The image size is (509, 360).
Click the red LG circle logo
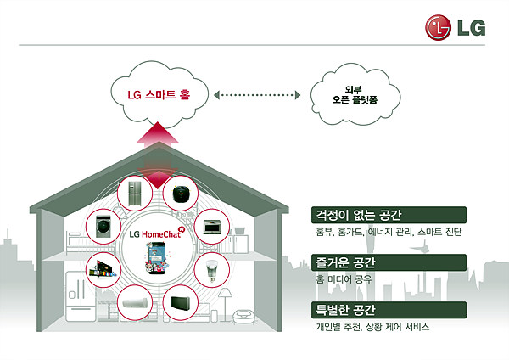(438, 28)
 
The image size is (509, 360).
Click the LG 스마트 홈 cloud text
(159, 94)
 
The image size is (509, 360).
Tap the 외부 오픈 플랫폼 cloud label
(355, 95)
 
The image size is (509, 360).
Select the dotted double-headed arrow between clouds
(257, 95)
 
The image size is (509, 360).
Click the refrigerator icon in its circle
(135, 194)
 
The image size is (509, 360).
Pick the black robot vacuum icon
(181, 194)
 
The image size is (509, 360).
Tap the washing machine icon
(103, 227)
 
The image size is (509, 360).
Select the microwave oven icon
(212, 227)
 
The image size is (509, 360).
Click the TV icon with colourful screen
(103, 269)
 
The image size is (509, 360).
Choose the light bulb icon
(211, 270)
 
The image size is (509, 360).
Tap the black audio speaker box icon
(181, 303)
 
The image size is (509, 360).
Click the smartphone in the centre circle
(157, 258)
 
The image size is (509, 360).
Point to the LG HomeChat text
(155, 234)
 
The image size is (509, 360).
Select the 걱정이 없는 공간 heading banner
(389, 215)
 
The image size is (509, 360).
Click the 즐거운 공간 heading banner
(389, 262)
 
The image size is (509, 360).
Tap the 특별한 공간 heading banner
(389, 310)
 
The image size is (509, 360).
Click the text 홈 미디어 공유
(344, 279)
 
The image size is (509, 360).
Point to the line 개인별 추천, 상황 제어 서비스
(372, 327)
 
